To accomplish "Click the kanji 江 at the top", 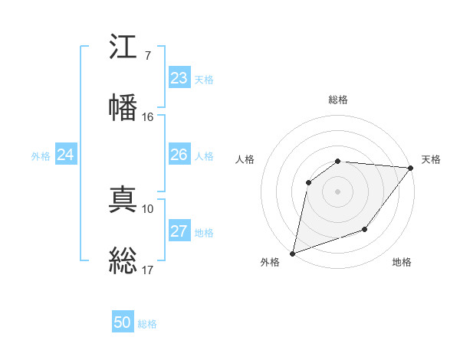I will click(123, 49).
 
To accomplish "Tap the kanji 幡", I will click(123, 107).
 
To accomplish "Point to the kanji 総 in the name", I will click(123, 259).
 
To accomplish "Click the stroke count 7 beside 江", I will click(147, 56).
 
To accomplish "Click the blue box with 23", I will click(179, 78).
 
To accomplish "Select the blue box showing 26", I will click(179, 155).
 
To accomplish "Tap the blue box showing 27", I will click(179, 231).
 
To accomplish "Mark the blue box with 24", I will click(65, 155).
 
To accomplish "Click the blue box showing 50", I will click(123, 322).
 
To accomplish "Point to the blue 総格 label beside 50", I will click(147, 324).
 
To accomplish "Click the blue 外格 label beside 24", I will click(41, 156).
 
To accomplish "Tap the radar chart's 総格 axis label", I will click(338, 100).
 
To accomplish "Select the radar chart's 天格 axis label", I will click(431, 159).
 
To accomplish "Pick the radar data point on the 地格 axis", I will click(365, 229).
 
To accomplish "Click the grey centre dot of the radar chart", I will click(337, 191).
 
